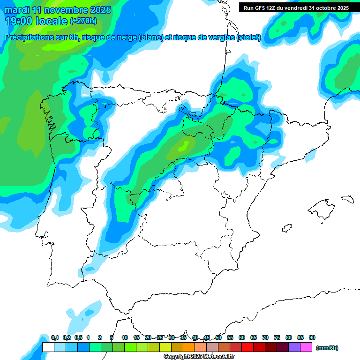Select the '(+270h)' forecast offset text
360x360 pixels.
[83, 21]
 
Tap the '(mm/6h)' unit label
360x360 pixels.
[327, 348]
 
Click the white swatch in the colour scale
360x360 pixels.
[48, 347]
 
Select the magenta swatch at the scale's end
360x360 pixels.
[306, 347]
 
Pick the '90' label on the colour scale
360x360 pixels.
[312, 337]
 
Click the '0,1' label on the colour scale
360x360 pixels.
[54, 337]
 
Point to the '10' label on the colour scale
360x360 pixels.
[125, 337]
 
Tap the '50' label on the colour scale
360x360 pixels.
[218, 337]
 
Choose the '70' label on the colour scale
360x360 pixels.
[265, 337]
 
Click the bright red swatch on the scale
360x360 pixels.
[247, 347]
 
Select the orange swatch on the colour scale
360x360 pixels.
[189, 347]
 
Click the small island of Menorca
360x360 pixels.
[347, 199]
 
